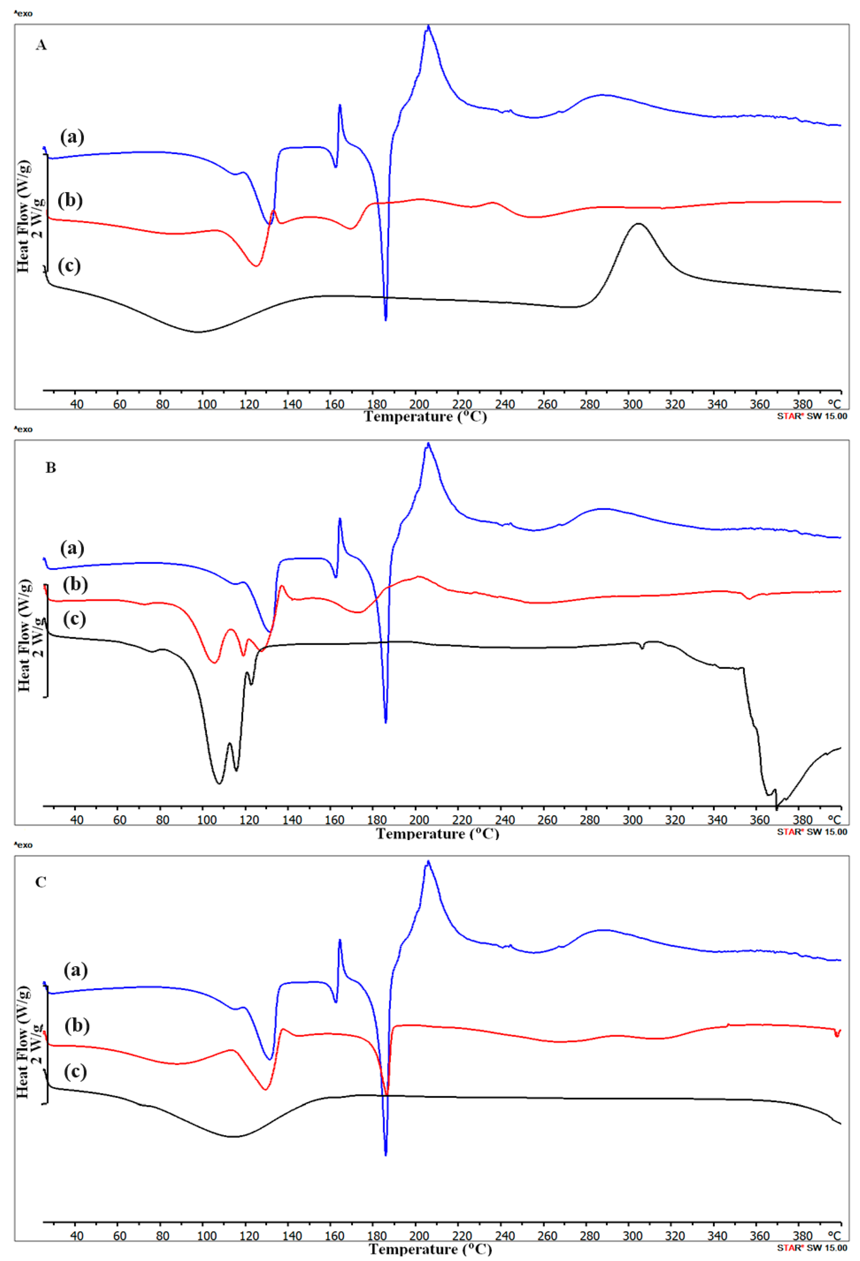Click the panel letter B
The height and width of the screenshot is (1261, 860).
50,468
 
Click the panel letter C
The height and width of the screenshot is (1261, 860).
41,882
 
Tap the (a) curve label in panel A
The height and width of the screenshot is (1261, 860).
72,137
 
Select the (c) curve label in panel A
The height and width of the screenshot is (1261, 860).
69,266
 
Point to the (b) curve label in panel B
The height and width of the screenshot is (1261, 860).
75,584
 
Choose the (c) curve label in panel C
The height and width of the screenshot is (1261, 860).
75,1071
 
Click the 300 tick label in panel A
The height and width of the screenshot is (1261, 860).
632,405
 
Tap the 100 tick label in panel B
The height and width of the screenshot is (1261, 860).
206,820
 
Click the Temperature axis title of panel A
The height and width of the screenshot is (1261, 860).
425,417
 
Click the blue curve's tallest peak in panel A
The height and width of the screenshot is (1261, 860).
428,26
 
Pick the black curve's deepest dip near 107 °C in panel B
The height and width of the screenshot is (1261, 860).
219,783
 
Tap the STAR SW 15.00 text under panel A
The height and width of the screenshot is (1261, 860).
812,416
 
